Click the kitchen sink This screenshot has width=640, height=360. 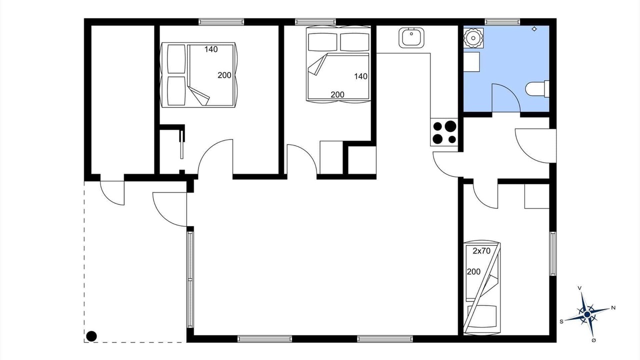[x=411, y=37]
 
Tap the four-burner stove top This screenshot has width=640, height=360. [x=444, y=132]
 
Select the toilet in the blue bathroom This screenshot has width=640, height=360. [x=537, y=89]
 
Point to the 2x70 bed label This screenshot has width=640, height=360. [x=481, y=251]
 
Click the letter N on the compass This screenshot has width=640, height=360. [x=613, y=307]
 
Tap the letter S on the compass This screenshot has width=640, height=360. [x=561, y=321]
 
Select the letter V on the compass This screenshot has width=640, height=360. [x=579, y=288]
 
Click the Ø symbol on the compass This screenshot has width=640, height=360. [x=593, y=340]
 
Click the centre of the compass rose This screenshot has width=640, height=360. [x=587, y=314]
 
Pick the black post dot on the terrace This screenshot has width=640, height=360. [x=91, y=336]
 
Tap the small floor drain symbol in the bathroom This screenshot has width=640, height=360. [x=534, y=29]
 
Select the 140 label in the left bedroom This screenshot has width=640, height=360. [x=211, y=49]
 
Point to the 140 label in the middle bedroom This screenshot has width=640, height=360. [x=361, y=76]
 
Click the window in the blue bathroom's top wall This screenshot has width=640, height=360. [x=502, y=21]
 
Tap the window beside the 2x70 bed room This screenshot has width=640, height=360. [x=553, y=253]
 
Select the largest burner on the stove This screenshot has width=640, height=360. [x=450, y=126]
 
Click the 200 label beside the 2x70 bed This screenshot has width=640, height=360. [x=473, y=271]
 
